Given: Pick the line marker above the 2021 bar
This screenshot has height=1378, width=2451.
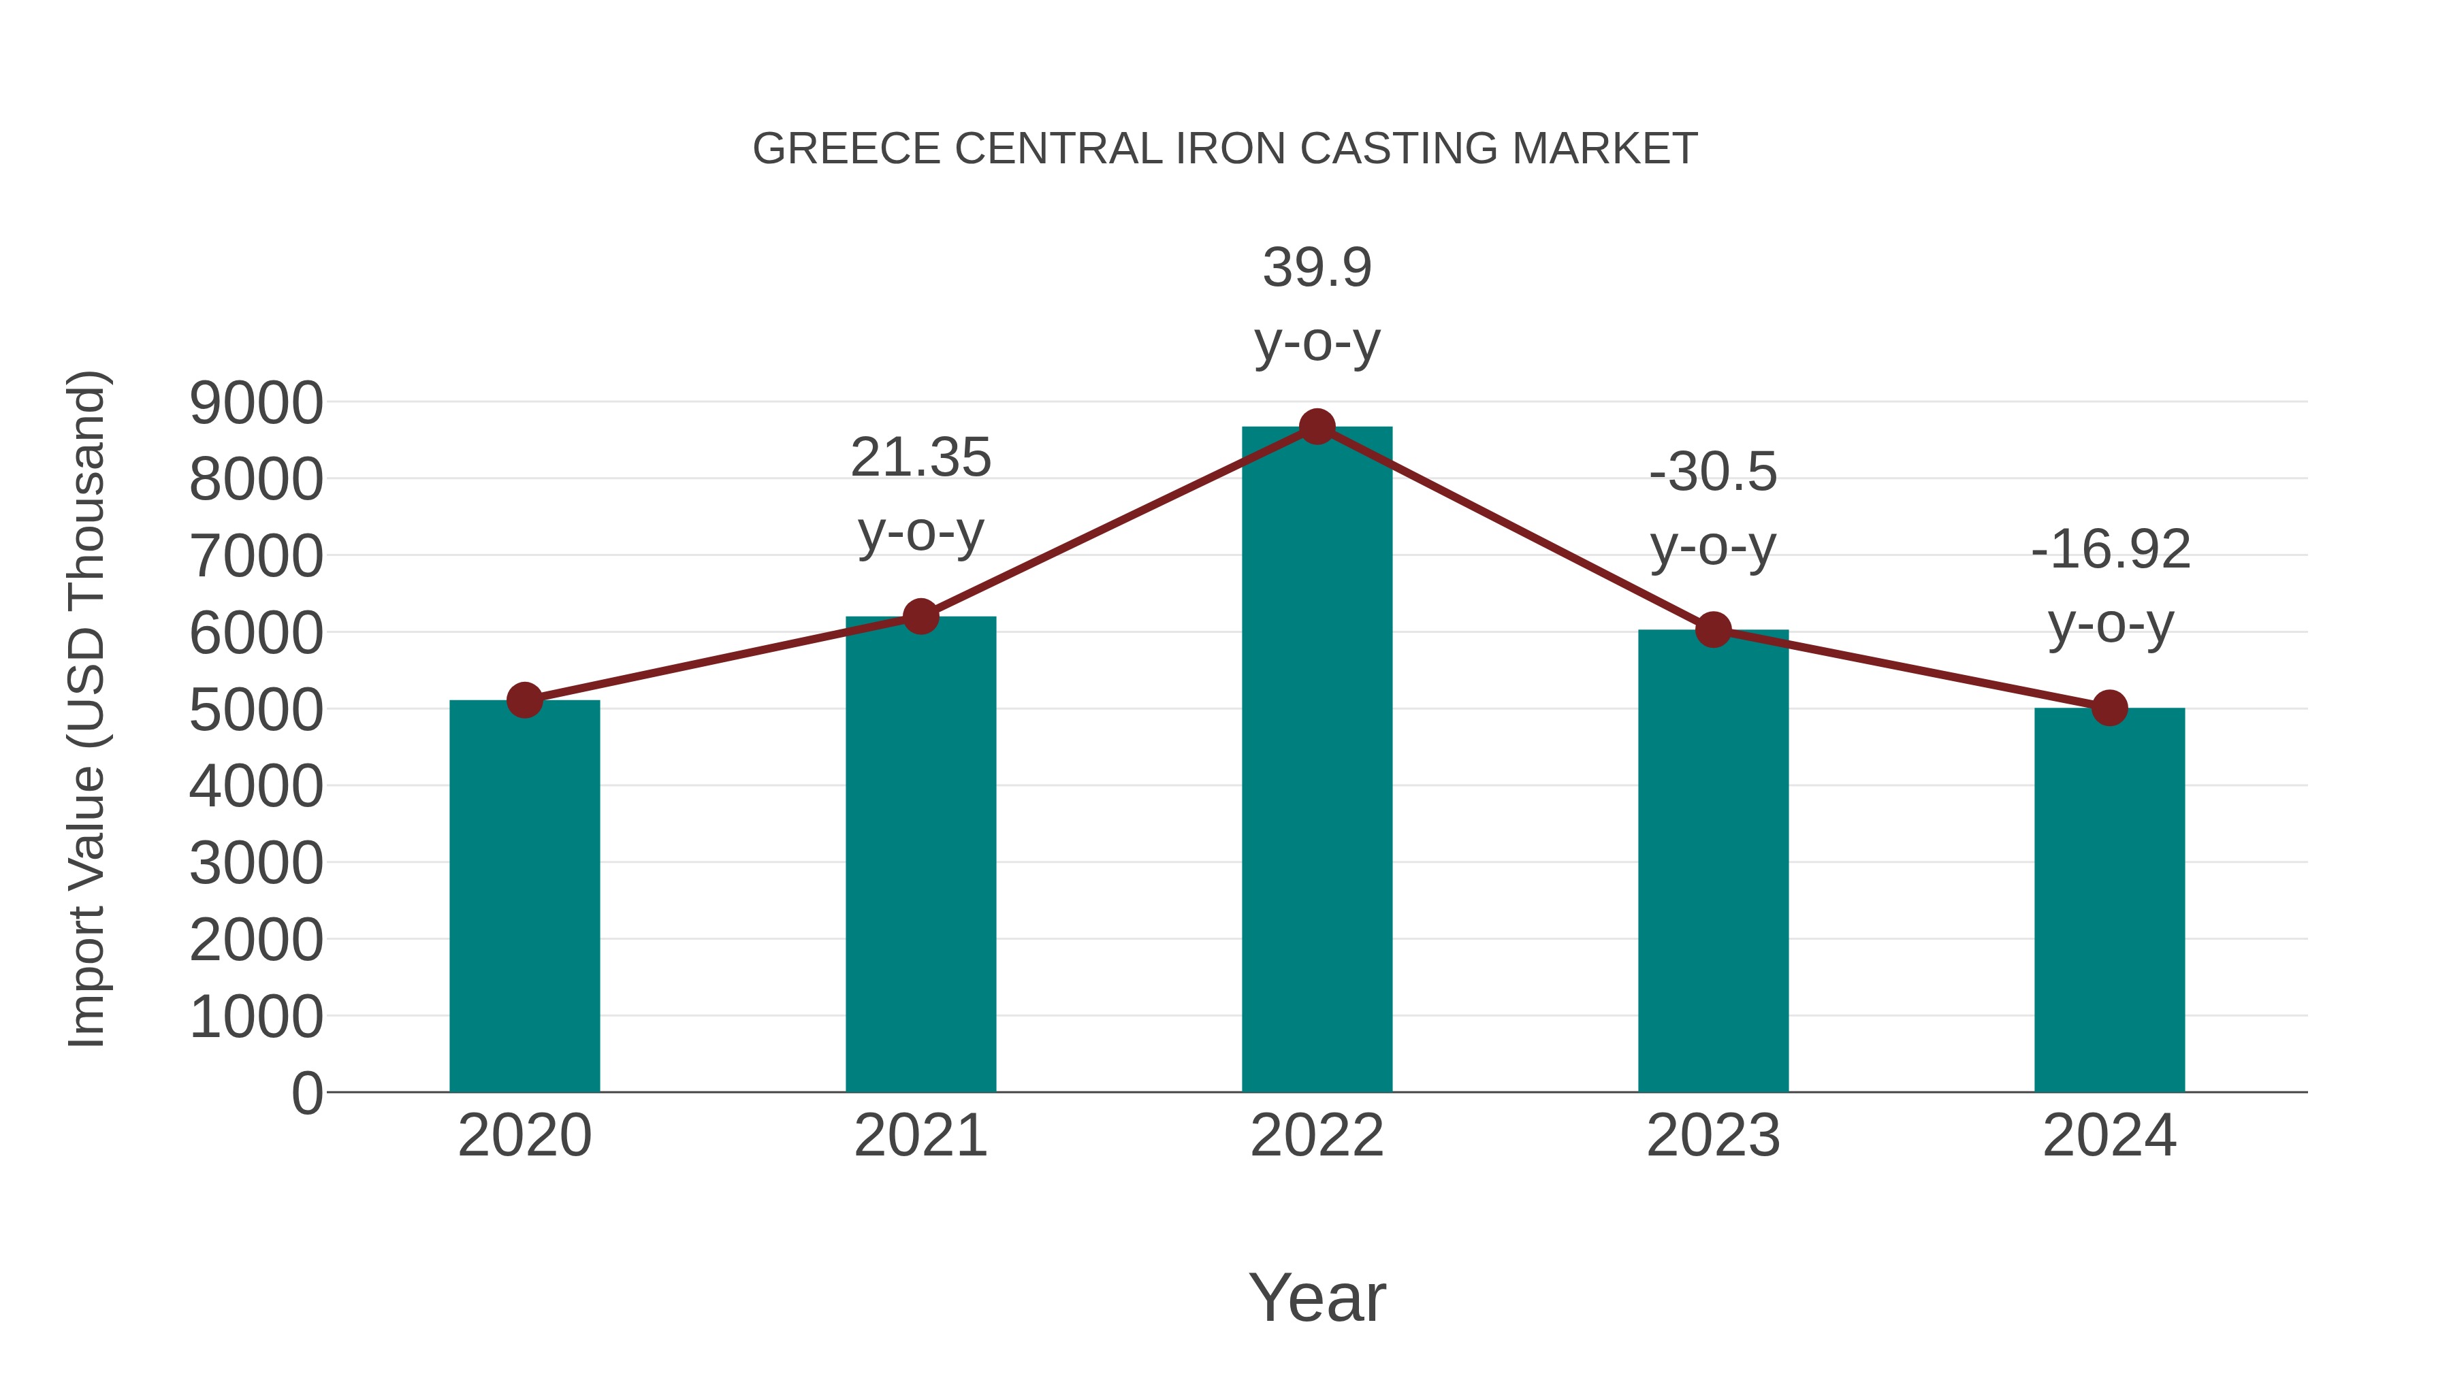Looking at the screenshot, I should tap(920, 617).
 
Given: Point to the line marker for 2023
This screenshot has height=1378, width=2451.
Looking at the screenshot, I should tap(1713, 629).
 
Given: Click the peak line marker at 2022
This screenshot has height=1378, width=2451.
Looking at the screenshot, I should tap(1317, 427).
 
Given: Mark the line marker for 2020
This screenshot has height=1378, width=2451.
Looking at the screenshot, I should tap(524, 701).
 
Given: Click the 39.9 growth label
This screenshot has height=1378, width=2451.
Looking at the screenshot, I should tap(1317, 267).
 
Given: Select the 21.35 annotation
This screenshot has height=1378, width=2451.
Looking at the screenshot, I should tap(920, 457).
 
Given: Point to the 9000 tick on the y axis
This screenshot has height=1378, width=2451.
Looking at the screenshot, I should tap(256, 404).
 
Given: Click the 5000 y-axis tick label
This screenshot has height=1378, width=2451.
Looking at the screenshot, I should tap(256, 710).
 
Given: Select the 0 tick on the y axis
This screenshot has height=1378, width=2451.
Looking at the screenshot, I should tap(306, 1093).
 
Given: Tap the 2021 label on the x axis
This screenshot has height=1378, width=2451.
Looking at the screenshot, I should tap(920, 1136).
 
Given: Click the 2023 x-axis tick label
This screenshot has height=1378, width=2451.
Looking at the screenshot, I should tap(1713, 1136).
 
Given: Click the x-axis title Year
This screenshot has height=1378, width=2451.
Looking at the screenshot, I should tap(1317, 1297).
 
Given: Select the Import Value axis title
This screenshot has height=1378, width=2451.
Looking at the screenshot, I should tap(86, 710).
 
